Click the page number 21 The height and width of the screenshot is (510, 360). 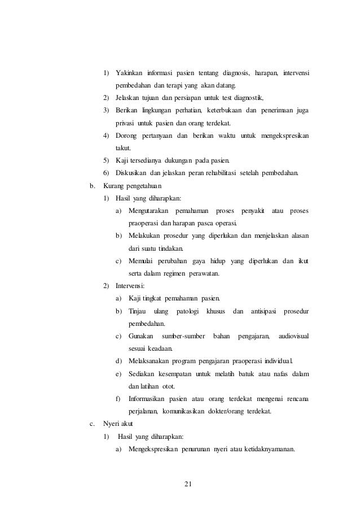(188, 483)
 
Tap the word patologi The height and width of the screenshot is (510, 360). (190, 311)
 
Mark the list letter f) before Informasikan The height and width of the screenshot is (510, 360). (118, 398)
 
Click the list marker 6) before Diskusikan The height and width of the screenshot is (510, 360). (106, 172)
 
